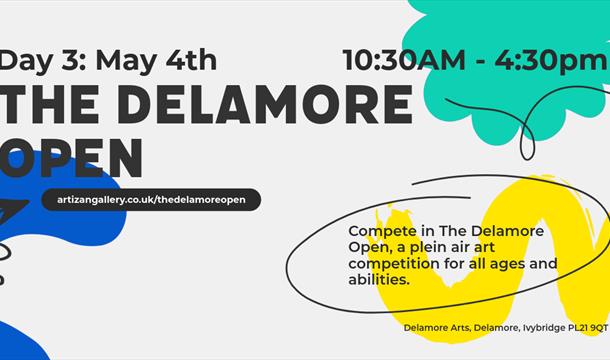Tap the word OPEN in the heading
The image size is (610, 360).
[x=70, y=158]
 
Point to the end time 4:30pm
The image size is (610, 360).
[x=546, y=60]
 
